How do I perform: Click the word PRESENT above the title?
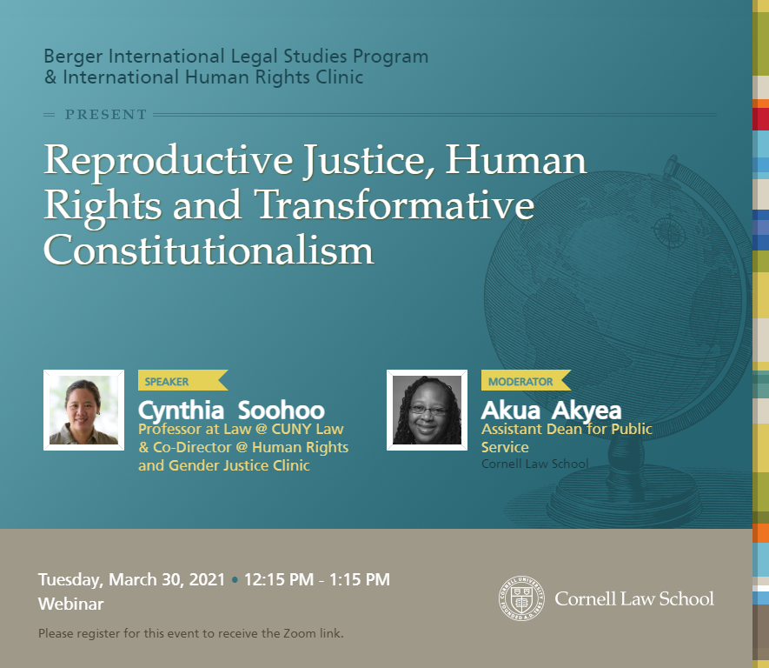pyautogui.click(x=106, y=115)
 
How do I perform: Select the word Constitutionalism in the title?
pyautogui.click(x=209, y=250)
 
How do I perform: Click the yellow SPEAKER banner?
pyautogui.click(x=182, y=380)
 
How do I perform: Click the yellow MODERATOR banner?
pyautogui.click(x=526, y=380)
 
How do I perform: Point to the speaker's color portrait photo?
pyautogui.click(x=84, y=410)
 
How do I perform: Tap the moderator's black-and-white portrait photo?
pyautogui.click(x=428, y=410)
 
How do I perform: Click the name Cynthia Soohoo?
pyautogui.click(x=231, y=411)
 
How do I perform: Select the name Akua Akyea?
pyautogui.click(x=551, y=411)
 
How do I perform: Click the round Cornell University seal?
pyautogui.click(x=521, y=598)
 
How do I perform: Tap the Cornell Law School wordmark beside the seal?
pyautogui.click(x=634, y=598)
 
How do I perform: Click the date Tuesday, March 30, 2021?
pyautogui.click(x=131, y=579)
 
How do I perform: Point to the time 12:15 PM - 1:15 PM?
pyautogui.click(x=317, y=579)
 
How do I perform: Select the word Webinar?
pyautogui.click(x=70, y=604)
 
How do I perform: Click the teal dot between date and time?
pyautogui.click(x=235, y=580)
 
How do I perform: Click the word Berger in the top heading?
pyautogui.click(x=73, y=57)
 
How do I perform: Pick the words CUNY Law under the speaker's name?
pyautogui.click(x=308, y=429)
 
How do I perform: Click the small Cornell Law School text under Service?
pyautogui.click(x=534, y=464)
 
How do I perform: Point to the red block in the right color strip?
pyautogui.click(x=760, y=119)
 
